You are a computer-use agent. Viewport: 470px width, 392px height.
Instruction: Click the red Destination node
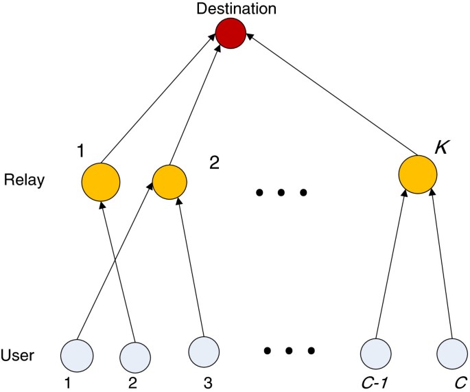click(231, 34)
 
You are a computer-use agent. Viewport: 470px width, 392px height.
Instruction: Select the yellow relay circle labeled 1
click(101, 182)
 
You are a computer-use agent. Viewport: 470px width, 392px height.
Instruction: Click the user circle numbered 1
click(77, 355)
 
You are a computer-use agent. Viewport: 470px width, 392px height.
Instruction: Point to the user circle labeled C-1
click(377, 355)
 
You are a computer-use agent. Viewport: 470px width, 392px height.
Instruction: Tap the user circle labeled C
click(454, 355)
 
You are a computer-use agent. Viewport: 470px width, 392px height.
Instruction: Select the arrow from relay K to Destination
click(329, 95)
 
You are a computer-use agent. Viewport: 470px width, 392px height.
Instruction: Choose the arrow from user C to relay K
click(440, 268)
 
